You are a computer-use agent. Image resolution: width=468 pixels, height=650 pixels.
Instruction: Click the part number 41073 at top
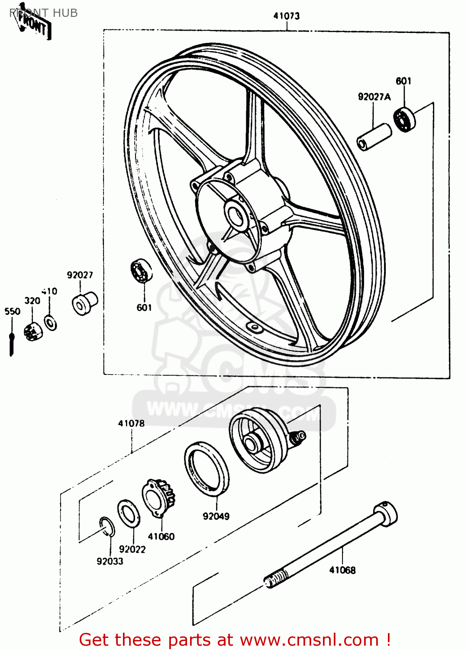click(286, 16)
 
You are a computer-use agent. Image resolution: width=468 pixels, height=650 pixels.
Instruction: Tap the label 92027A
click(374, 97)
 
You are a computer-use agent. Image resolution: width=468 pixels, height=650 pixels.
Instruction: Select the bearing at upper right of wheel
click(405, 119)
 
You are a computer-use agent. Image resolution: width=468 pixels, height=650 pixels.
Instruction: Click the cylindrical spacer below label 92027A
click(374, 137)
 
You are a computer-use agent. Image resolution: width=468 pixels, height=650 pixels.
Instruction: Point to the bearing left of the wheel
click(141, 271)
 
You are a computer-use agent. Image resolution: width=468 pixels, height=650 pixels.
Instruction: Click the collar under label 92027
click(84, 303)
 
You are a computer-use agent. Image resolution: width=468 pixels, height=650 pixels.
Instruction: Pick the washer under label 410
click(51, 323)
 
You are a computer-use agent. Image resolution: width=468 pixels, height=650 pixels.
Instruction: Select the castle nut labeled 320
click(33, 331)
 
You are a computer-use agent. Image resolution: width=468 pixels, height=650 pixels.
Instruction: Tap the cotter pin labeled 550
click(12, 342)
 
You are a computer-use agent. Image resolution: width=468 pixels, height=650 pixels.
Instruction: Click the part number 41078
click(131, 423)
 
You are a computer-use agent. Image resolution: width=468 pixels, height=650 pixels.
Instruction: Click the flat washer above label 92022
click(129, 513)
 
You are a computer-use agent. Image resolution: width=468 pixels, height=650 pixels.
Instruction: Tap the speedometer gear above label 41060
click(159, 497)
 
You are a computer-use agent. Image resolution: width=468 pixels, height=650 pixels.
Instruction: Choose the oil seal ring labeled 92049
click(207, 468)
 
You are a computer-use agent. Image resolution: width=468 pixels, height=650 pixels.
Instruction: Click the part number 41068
click(342, 570)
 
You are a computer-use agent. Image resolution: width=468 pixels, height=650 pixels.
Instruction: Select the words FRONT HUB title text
click(44, 13)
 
